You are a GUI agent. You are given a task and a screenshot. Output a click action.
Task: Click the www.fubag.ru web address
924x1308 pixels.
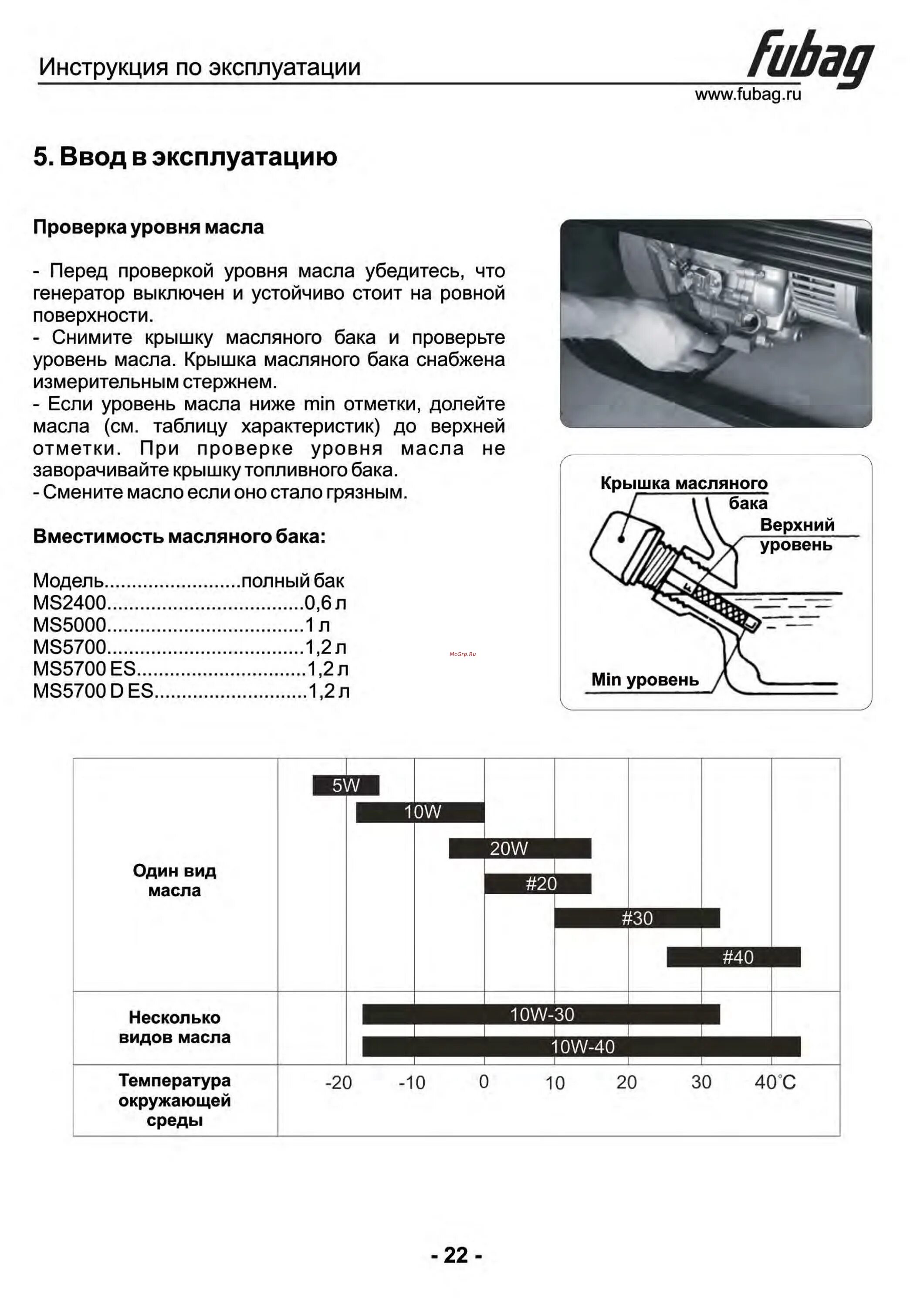[x=748, y=94]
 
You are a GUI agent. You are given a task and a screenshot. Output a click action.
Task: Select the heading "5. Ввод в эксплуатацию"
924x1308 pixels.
[x=185, y=157]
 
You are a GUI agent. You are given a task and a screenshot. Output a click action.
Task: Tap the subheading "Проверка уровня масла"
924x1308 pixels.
[x=148, y=227]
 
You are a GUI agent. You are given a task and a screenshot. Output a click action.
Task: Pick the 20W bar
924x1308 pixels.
[x=520, y=848]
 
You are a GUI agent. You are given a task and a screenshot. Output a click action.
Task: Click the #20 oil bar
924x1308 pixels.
[x=538, y=884]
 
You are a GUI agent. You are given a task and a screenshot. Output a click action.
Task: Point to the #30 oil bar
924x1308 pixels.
[x=636, y=918]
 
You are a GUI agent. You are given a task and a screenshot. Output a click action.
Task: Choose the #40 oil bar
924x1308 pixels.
[x=734, y=957]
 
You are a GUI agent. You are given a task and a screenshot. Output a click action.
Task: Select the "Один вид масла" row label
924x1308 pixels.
[x=174, y=880]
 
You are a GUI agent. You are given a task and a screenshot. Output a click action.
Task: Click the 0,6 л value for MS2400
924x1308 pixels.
[x=325, y=603]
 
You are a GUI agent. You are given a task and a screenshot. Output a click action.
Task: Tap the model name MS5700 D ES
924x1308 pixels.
[x=93, y=691]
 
